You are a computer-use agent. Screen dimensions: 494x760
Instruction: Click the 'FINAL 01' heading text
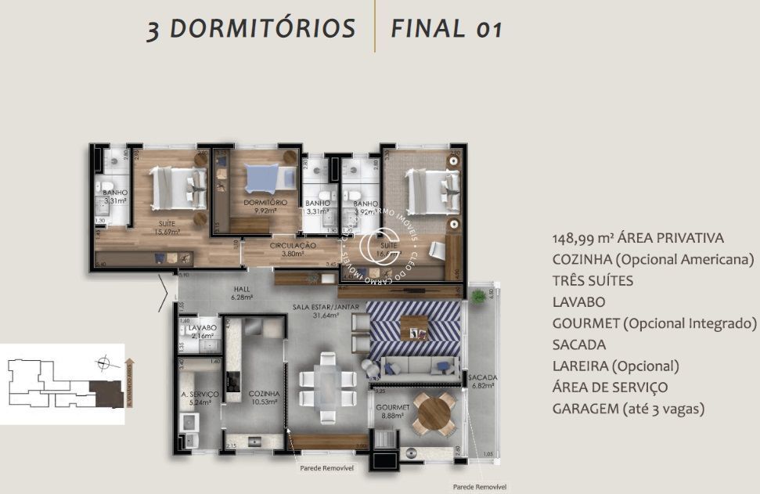click(446, 28)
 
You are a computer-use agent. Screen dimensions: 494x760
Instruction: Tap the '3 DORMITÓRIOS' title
click(251, 28)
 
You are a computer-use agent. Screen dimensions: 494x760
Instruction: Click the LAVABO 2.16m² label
click(202, 332)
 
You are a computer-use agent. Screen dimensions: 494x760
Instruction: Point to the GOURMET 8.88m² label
click(388, 412)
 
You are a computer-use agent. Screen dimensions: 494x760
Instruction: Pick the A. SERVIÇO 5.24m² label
click(196, 377)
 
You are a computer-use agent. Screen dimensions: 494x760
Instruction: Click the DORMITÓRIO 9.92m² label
click(265, 206)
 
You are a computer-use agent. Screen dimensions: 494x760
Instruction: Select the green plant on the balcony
click(477, 296)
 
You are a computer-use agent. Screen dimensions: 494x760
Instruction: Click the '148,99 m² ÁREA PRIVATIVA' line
click(638, 238)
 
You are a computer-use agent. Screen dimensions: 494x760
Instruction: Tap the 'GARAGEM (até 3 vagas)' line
click(629, 408)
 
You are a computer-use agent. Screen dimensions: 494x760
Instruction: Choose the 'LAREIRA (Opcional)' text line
click(615, 366)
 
